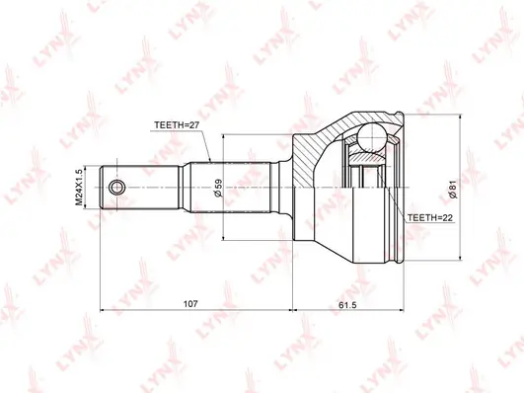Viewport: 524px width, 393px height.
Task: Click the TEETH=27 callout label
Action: point(177,125)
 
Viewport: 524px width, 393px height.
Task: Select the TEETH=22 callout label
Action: point(430,218)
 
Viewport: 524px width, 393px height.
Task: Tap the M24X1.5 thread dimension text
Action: point(79,188)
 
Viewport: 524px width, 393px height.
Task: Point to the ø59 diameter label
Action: point(218,188)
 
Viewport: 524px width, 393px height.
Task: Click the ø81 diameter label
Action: point(453,191)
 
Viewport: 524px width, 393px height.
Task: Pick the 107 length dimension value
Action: point(190,304)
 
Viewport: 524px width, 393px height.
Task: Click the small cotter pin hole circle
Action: point(117,187)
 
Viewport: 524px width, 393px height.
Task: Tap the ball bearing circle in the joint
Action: point(371,137)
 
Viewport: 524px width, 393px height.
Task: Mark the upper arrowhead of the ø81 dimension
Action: point(461,118)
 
